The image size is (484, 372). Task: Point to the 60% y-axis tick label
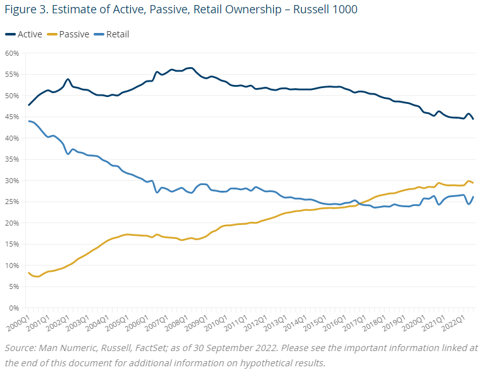point(13,53)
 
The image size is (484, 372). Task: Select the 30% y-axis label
point(13,181)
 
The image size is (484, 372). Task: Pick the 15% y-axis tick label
point(13,244)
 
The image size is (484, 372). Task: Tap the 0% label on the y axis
point(15,308)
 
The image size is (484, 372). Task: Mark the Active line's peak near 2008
point(191,68)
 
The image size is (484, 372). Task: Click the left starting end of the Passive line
point(29,273)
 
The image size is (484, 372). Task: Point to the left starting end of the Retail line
point(29,121)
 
